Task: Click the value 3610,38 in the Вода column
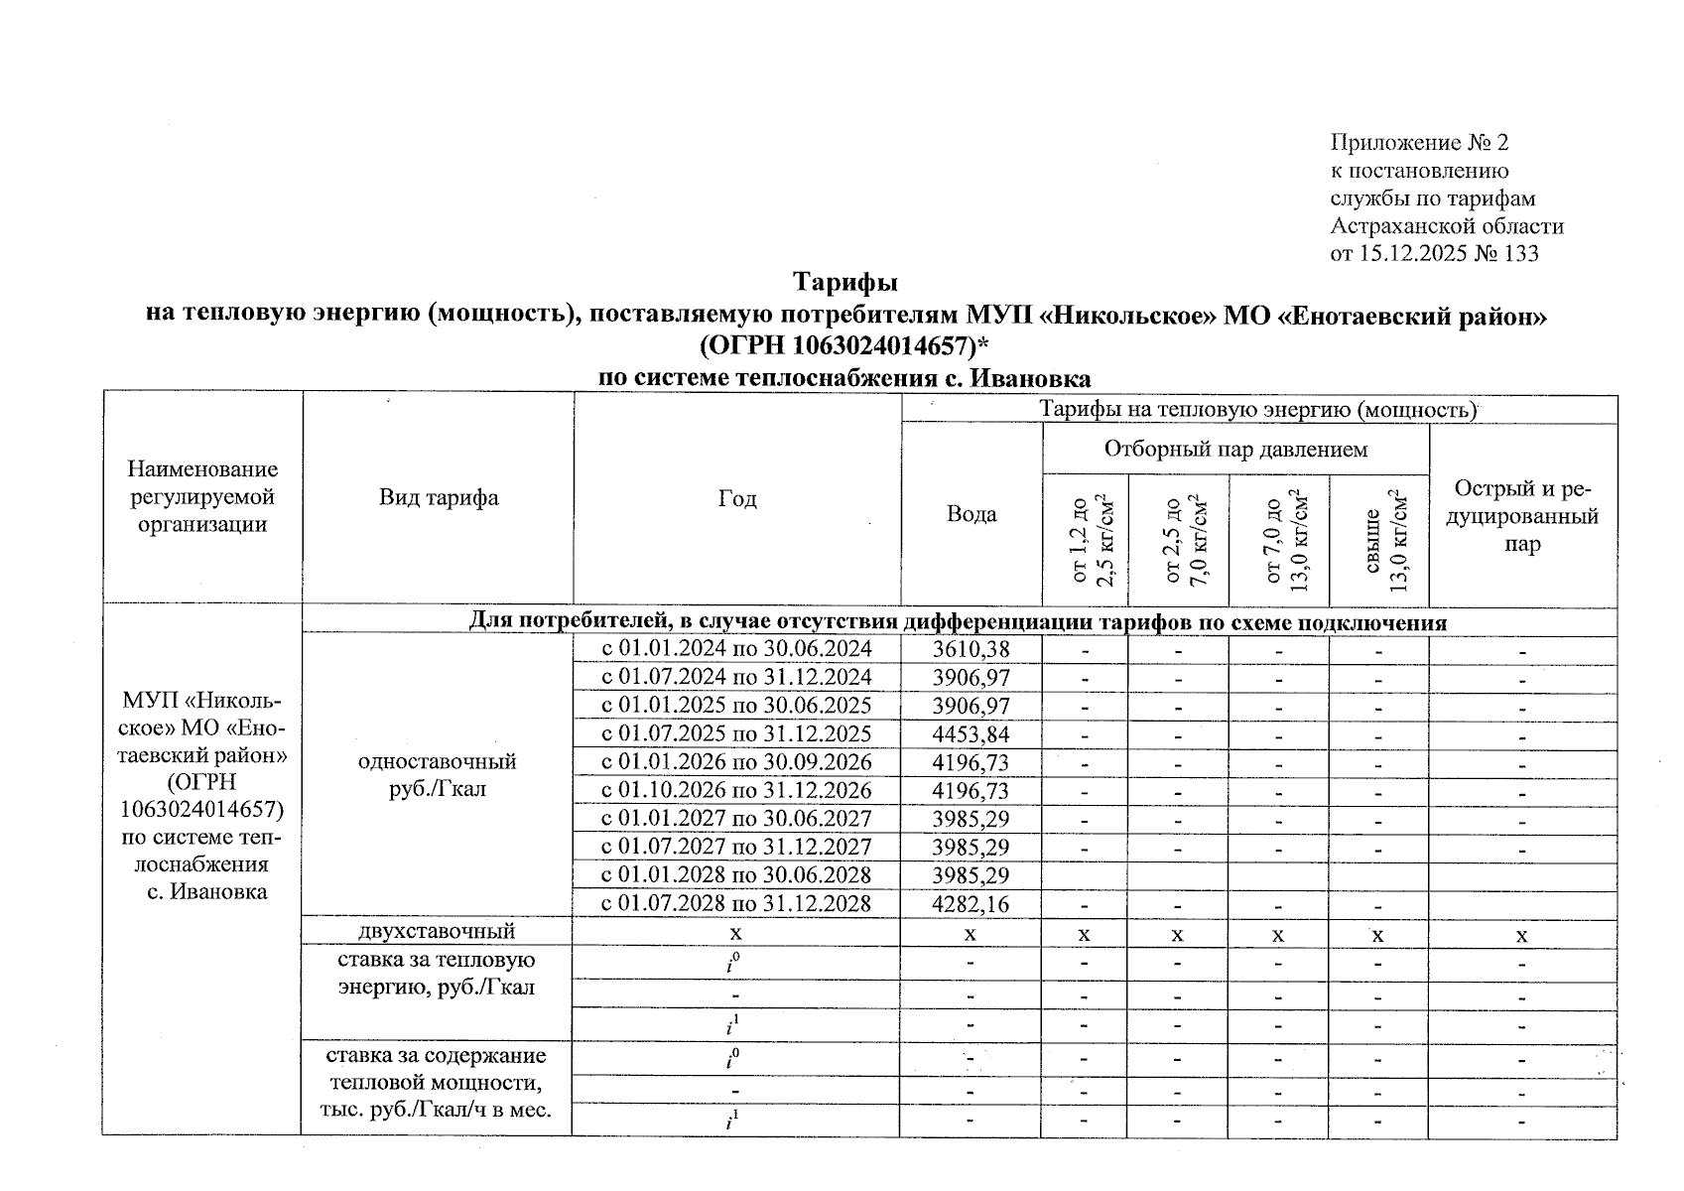click(x=971, y=650)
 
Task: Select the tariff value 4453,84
click(x=971, y=734)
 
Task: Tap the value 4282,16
click(x=971, y=904)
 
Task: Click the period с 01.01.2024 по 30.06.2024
click(x=736, y=650)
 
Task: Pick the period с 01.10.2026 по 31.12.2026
click(x=736, y=791)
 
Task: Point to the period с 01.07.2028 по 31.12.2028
click(x=736, y=904)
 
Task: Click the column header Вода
click(x=972, y=514)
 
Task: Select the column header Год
click(x=736, y=498)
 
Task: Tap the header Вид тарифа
click(x=438, y=498)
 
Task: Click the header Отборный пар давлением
click(x=1235, y=450)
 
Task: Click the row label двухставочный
click(x=437, y=931)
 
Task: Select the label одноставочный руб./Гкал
click(x=437, y=776)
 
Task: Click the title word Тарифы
click(x=845, y=283)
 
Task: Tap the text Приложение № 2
click(x=1419, y=143)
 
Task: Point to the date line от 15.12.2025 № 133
click(x=1434, y=254)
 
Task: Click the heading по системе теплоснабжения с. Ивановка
click(x=844, y=378)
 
